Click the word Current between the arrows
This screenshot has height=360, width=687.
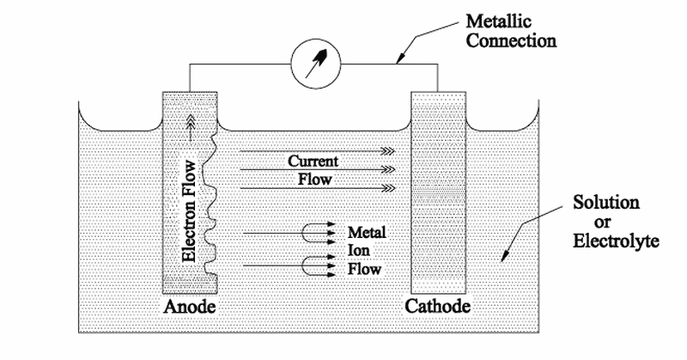coord(313,161)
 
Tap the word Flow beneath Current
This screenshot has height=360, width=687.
coord(313,179)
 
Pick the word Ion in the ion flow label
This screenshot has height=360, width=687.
coord(358,251)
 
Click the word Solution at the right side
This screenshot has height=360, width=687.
coord(607,204)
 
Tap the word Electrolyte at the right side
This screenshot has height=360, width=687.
coord(615,241)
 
